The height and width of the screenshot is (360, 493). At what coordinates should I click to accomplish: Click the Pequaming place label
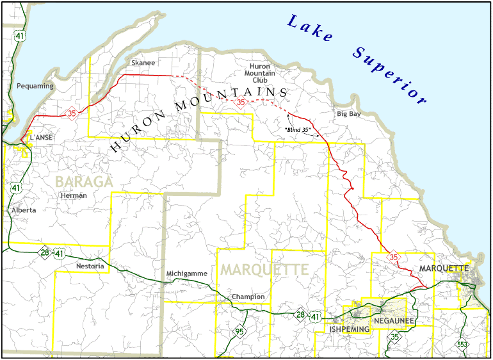pos(35,86)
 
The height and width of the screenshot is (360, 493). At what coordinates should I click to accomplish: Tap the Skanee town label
pos(142,63)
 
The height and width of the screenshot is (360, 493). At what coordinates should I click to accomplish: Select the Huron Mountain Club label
pos(259,73)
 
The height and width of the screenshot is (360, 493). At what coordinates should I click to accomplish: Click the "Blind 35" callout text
pos(298,130)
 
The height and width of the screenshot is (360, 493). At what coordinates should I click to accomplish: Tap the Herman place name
pos(73,195)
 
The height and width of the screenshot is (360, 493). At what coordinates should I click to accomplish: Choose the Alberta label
pos(24,209)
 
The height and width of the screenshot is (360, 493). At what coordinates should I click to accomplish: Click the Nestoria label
pos(89,266)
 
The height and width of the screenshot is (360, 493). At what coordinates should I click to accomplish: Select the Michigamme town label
pos(186,274)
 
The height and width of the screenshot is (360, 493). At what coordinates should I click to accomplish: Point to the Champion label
pos(248,297)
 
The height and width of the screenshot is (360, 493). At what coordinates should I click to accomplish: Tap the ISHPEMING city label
pos(349,329)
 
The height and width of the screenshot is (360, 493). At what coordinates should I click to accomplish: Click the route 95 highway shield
pos(239,331)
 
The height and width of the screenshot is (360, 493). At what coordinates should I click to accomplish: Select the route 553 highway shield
pos(462,345)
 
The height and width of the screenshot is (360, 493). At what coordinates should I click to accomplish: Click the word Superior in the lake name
pos(388,76)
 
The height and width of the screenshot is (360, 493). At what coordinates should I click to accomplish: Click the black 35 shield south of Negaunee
pos(395,337)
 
